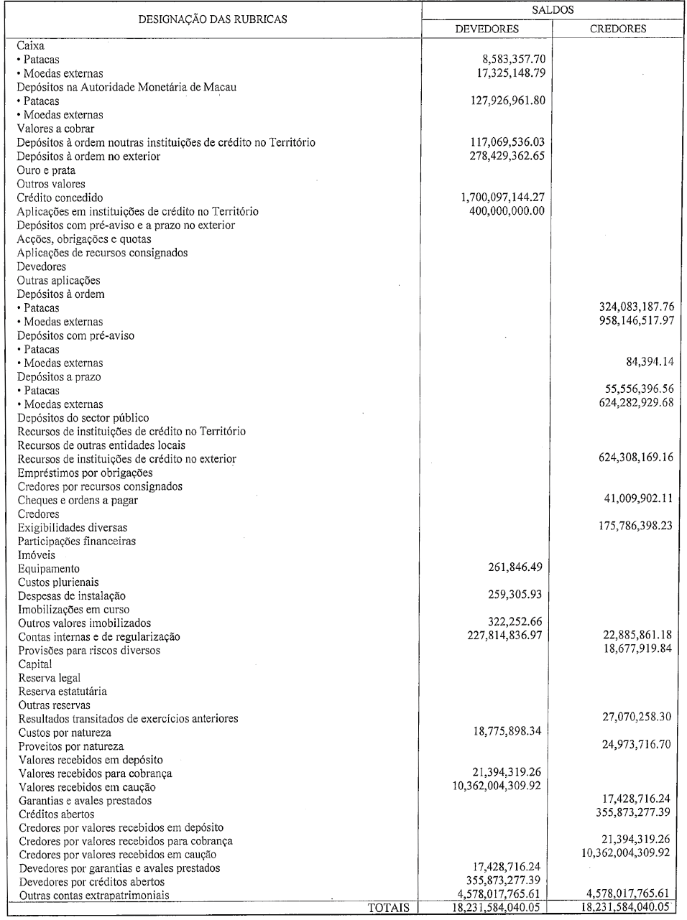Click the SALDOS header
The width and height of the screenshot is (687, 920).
[x=553, y=11]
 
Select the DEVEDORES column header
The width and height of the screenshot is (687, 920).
[x=487, y=29]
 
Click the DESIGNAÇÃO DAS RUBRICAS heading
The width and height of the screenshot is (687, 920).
[x=213, y=19]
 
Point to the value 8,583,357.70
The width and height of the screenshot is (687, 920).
[x=505, y=60]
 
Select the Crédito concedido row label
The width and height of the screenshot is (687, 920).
[x=60, y=198]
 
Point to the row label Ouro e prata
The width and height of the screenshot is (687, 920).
[x=47, y=170]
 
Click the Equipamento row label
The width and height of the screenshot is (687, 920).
[x=49, y=569]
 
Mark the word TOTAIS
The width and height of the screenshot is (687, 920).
[x=388, y=909]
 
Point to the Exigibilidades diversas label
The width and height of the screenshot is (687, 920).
[x=73, y=528]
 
